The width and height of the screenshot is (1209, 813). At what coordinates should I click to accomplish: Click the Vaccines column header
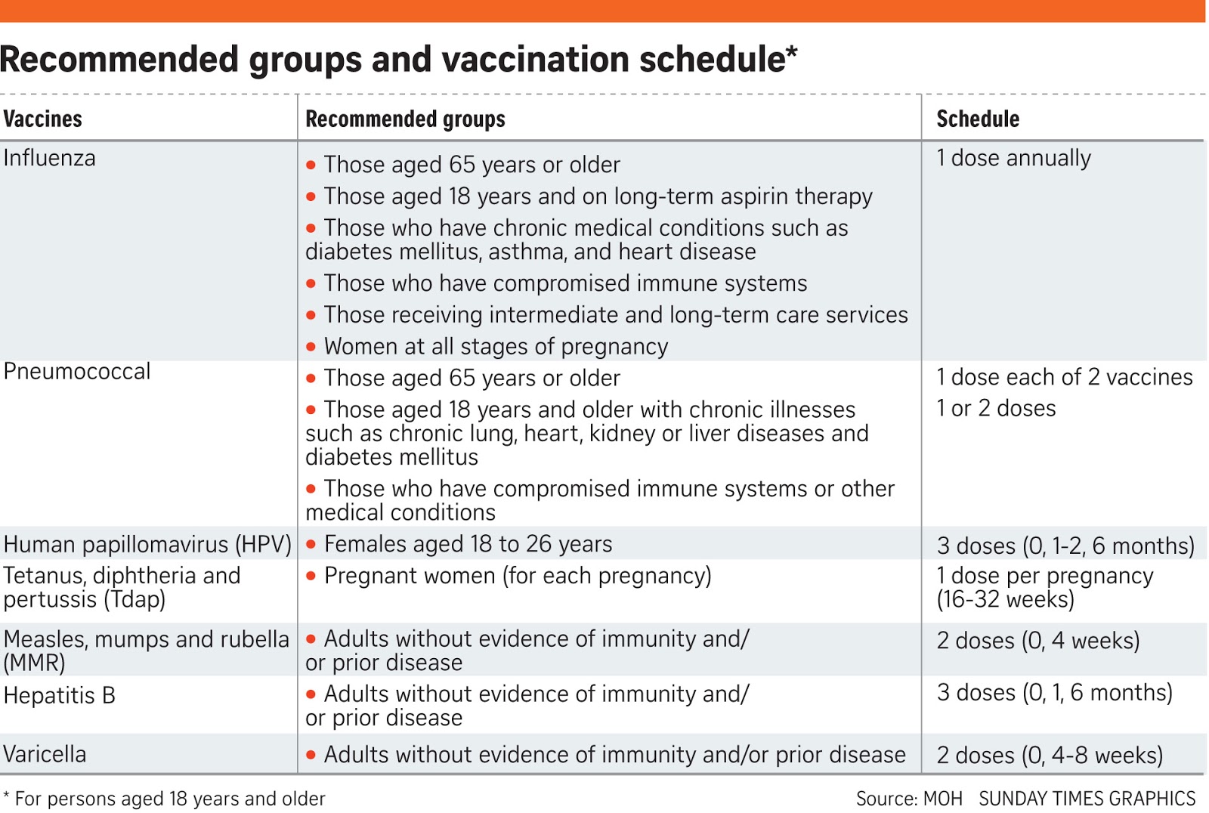tap(43, 119)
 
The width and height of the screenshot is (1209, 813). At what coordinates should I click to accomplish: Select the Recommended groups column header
tap(405, 119)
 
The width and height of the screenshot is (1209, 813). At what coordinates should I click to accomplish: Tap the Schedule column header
tap(978, 119)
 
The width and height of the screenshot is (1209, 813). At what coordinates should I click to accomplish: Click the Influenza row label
tap(50, 159)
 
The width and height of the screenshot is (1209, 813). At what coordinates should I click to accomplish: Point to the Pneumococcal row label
tap(77, 372)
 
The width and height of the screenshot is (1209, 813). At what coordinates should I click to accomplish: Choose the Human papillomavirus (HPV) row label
tap(147, 545)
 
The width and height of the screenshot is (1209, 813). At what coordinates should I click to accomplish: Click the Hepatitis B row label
tap(60, 696)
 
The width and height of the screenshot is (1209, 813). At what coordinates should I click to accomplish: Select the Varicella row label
tap(45, 755)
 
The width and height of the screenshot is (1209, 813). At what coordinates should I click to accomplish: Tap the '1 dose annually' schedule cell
tap(1013, 159)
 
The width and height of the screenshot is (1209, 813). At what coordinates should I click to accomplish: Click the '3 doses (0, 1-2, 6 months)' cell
tap(1065, 546)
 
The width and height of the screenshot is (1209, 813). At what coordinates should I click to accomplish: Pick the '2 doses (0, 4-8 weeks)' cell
tap(1050, 756)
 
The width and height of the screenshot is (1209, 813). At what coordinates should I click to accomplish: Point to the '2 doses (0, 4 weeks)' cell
tap(1038, 641)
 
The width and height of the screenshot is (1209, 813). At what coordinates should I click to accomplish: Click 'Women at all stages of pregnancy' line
tap(496, 347)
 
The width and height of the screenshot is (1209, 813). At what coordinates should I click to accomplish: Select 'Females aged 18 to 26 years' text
tap(468, 545)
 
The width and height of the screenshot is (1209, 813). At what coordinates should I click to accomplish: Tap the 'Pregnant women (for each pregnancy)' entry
tap(518, 577)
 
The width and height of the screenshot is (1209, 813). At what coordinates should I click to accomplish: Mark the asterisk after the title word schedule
tap(792, 51)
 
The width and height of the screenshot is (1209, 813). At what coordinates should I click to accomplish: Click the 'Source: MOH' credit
tap(909, 799)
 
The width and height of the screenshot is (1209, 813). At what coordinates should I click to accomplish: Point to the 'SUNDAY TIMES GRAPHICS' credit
tap(1087, 799)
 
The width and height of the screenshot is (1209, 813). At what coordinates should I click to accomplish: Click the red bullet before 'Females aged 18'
tap(311, 545)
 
